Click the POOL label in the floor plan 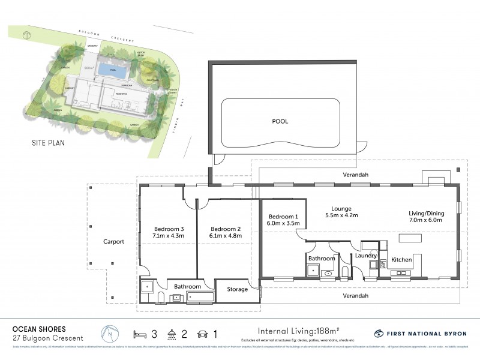click(280, 121)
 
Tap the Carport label click(113, 242)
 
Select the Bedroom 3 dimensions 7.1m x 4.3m click(169, 236)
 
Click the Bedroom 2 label click(227, 229)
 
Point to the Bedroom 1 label click(283, 216)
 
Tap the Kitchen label click(401, 260)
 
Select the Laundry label click(365, 256)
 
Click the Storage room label click(237, 290)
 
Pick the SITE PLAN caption click(48, 143)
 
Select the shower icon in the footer click(172, 334)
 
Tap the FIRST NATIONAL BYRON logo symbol click(379, 334)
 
